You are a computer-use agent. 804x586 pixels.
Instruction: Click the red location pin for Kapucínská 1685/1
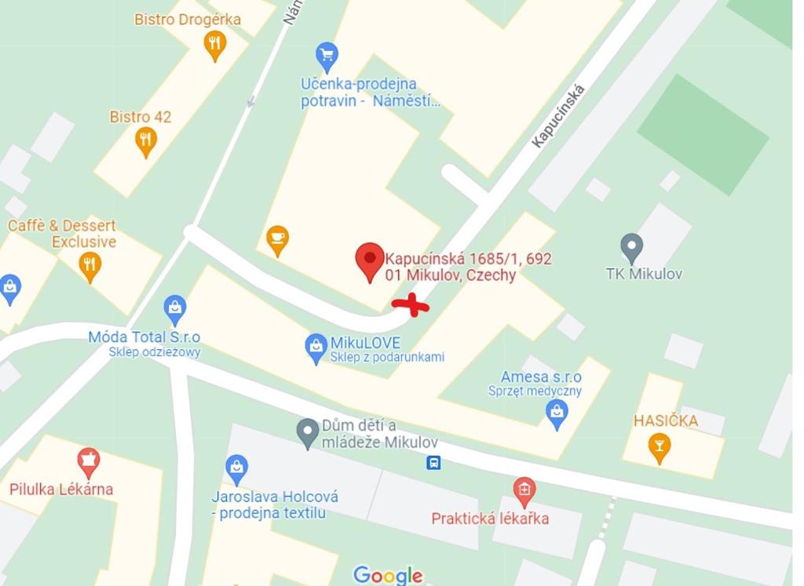pos(370,261)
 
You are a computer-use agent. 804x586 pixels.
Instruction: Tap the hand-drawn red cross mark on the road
pos(411,306)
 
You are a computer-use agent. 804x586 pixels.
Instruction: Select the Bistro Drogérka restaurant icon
pos(214,45)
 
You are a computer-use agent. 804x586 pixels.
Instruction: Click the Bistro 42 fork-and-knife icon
pos(145,141)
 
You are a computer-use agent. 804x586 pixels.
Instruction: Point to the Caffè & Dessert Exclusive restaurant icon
pos(90,266)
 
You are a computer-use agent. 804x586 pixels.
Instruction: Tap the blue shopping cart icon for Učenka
pos(327,56)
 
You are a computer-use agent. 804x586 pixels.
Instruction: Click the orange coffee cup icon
pos(277,239)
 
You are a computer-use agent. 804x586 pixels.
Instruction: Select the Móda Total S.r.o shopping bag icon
pos(174,310)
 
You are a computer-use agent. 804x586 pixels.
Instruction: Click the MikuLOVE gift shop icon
pos(316,348)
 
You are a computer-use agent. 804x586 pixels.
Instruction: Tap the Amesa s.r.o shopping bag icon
pos(557,413)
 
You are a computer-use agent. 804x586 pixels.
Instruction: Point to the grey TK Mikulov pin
pos(631,248)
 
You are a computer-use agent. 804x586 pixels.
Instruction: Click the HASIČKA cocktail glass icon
pos(660,447)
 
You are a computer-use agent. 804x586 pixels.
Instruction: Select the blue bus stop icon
pos(433,463)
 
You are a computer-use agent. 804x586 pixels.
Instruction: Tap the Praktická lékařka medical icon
pos(524,492)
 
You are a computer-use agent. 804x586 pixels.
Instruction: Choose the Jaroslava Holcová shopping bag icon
pos(236,469)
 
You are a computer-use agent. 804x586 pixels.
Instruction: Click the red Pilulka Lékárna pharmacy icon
pos(88,461)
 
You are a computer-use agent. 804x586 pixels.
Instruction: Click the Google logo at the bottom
pos(388,576)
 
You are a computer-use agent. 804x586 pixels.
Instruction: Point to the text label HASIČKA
pos(666,420)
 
